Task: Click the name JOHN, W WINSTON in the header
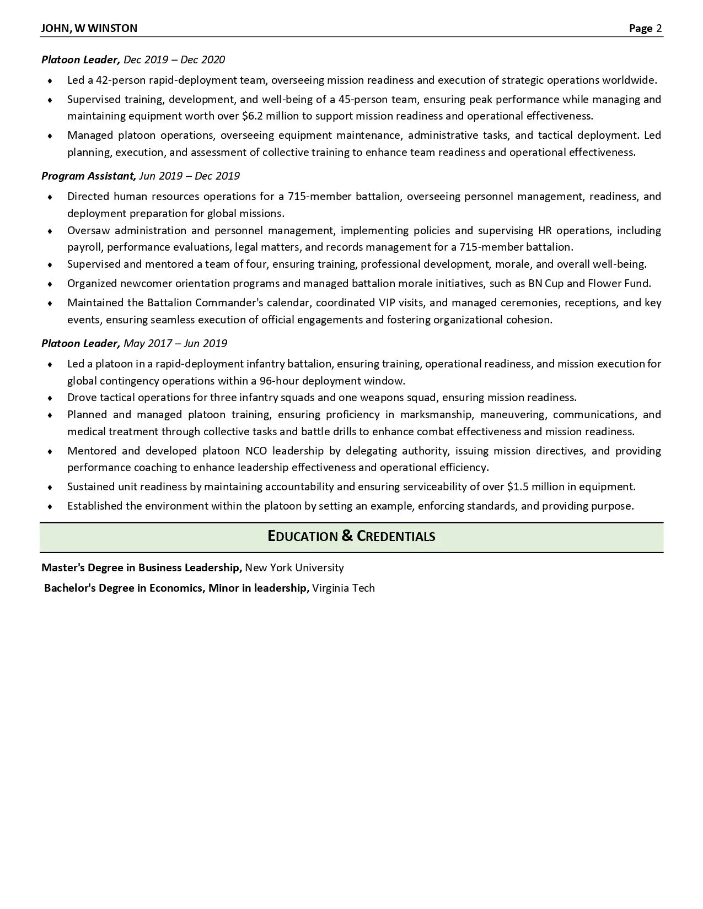tap(89, 28)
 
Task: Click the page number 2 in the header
tap(659, 28)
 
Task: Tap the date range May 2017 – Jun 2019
tap(175, 343)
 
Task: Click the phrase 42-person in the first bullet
tap(121, 80)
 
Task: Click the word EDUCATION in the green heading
tap(302, 536)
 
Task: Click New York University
tap(294, 567)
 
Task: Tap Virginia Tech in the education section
tap(343, 588)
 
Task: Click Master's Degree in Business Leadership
tap(142, 567)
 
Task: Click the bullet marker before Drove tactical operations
tap(50, 398)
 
